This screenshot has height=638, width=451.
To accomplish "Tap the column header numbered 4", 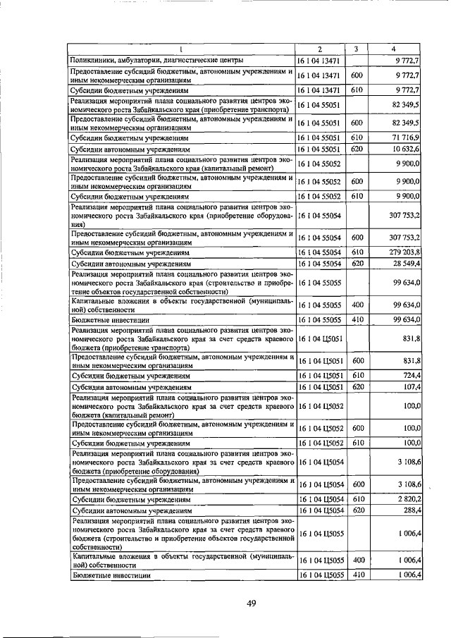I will (x=393, y=49).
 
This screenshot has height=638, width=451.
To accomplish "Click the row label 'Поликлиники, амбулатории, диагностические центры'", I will (x=156, y=61).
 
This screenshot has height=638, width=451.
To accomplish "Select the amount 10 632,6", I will (x=404, y=149).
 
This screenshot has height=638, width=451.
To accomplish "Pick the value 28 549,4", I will (x=404, y=264).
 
